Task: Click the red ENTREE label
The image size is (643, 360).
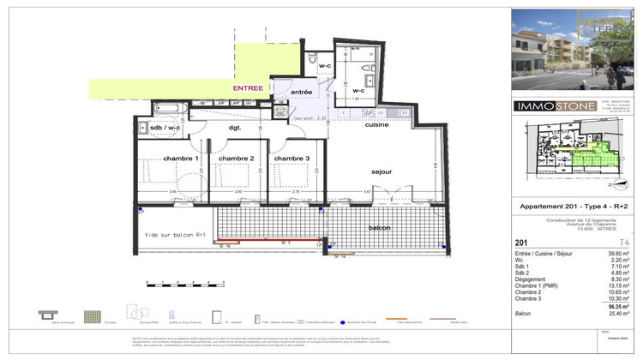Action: click(x=248, y=87)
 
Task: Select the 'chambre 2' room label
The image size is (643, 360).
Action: click(x=237, y=159)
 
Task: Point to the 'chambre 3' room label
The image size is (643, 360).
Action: click(x=290, y=159)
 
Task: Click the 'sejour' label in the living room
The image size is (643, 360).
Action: click(x=382, y=171)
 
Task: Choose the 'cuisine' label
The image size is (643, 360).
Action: click(x=376, y=125)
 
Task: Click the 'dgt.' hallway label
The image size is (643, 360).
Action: click(x=234, y=128)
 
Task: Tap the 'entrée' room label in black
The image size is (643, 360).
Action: click(x=301, y=92)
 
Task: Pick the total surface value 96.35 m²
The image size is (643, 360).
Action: click(x=619, y=306)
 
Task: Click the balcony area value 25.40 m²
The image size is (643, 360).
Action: click(x=618, y=314)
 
